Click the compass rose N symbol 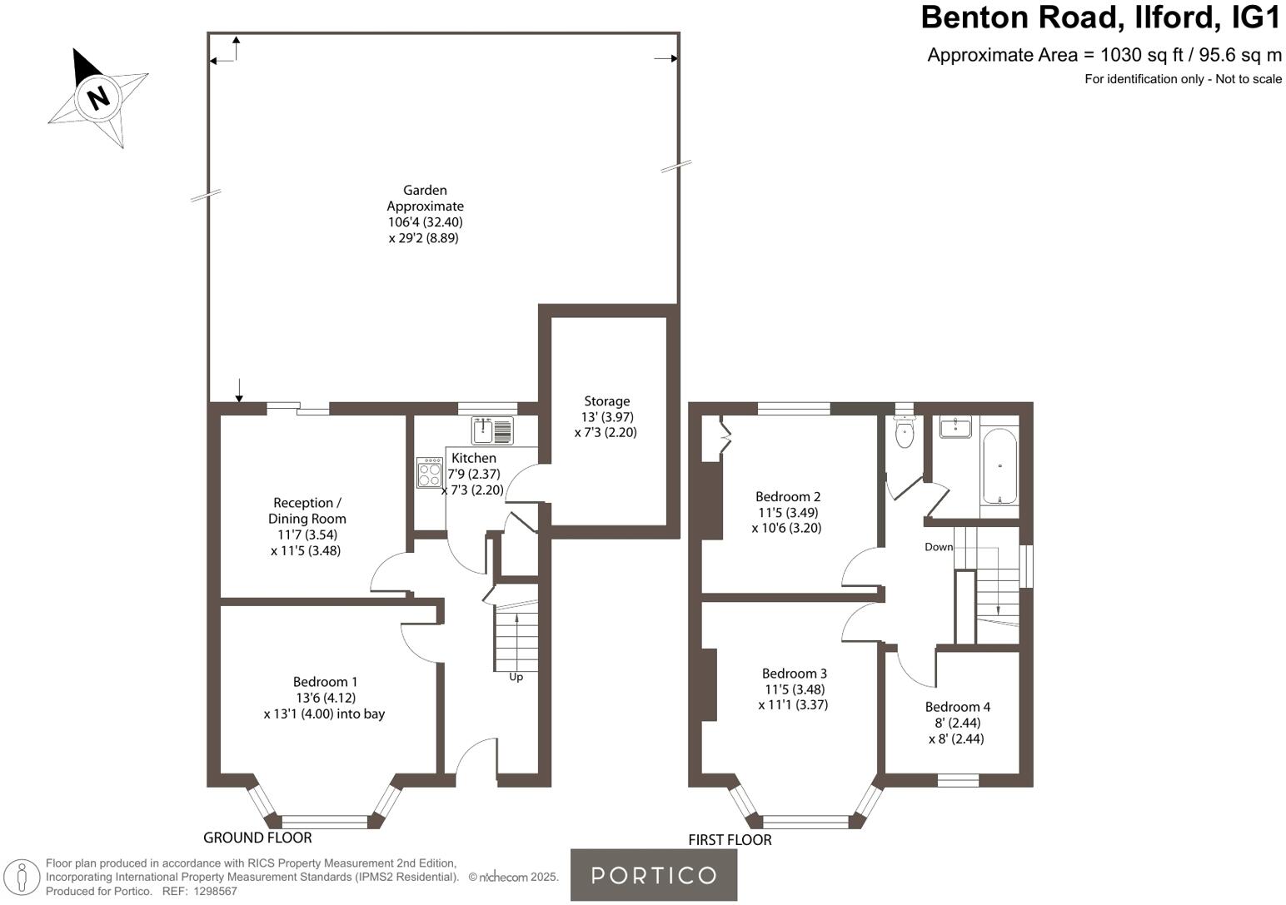click(x=99, y=97)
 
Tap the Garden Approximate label click(x=425, y=198)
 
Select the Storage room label click(x=606, y=401)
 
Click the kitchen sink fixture click(x=493, y=431)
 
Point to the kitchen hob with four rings click(x=430, y=473)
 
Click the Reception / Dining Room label click(x=307, y=510)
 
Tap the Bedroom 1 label click(x=325, y=682)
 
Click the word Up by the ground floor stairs click(x=516, y=677)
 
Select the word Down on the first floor click(x=939, y=547)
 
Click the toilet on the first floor click(x=904, y=433)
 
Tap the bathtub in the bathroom click(x=999, y=466)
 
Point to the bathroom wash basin click(x=955, y=428)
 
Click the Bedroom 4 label click(x=957, y=707)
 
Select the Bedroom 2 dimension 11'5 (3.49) click(x=788, y=512)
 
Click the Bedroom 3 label click(x=794, y=674)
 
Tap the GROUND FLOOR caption click(x=257, y=838)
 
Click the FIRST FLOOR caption click(x=730, y=840)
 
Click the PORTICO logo click(x=653, y=875)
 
